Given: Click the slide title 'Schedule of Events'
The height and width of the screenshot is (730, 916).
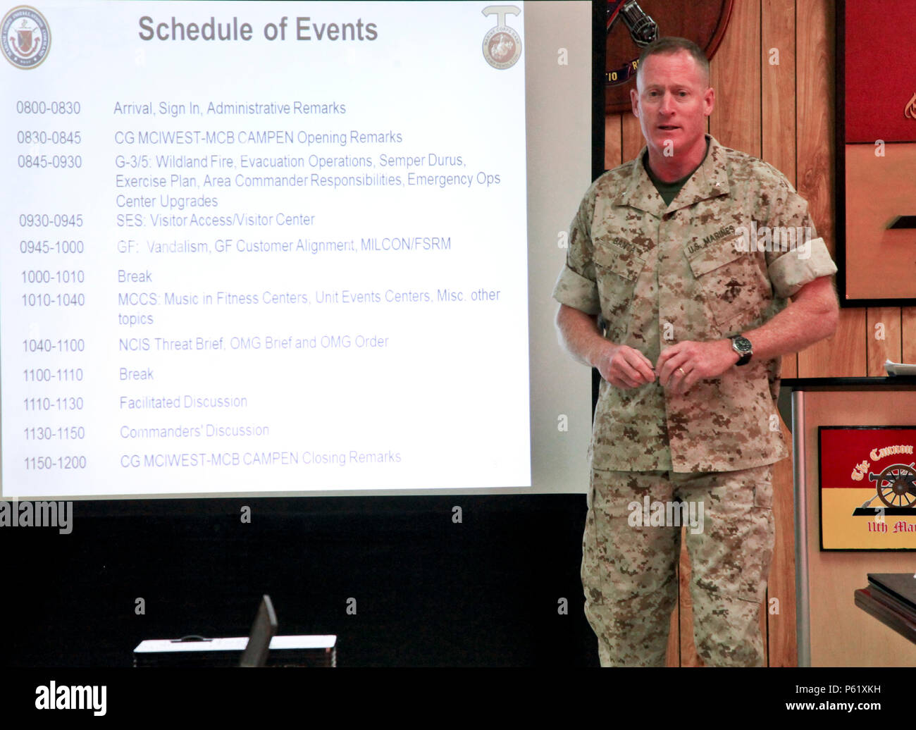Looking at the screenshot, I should (x=258, y=30).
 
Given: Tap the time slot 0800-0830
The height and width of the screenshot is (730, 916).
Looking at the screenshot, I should (x=49, y=109).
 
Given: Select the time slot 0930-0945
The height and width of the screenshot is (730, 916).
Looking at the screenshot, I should (x=51, y=221).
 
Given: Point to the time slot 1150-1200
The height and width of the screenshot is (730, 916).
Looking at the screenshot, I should (x=55, y=463).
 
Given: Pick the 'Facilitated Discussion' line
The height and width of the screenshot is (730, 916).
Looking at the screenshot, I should (x=183, y=402).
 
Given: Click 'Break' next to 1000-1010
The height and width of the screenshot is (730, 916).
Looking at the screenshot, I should (x=135, y=276).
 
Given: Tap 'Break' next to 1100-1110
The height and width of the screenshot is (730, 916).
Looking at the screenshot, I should (x=136, y=374).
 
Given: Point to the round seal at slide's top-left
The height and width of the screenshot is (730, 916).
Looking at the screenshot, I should (x=25, y=37).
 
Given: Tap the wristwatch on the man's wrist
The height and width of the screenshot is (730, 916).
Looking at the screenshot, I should (x=741, y=348).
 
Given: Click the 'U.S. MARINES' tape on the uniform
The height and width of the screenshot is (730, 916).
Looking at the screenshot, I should (x=710, y=240).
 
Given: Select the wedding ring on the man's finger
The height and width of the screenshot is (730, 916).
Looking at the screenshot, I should (x=681, y=371).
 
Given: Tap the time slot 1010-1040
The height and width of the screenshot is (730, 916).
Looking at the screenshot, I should (x=53, y=300).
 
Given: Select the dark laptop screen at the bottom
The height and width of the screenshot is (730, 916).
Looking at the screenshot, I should (x=258, y=632).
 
